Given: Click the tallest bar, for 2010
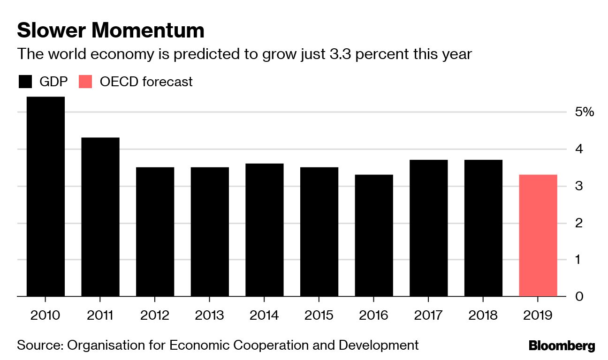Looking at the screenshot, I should pos(46,196).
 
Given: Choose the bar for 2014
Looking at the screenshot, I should pos(265,230).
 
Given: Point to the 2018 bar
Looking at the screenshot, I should pos(483,228).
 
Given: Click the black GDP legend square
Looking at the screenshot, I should pos(25,82).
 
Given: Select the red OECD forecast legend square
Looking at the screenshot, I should pos(87,82).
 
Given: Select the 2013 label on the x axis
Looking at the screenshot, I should pos(209,315).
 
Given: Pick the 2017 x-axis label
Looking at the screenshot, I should pos(428,315).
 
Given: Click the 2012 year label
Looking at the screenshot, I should pos(154,315).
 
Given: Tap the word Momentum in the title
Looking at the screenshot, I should pos(148,31).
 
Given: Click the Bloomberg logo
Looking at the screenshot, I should pos(562,346).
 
